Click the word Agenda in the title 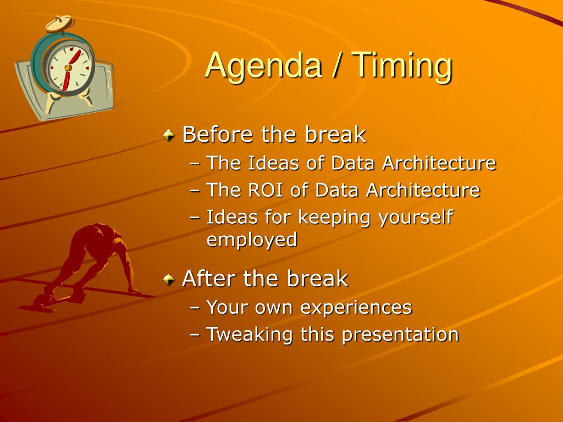(263, 66)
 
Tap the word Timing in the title (401, 66)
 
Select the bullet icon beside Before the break (168, 135)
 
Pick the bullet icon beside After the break (168, 279)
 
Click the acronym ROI (266, 190)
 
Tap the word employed (252, 240)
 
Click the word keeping (334, 218)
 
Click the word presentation (400, 335)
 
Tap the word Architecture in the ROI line (423, 190)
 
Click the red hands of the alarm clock (70, 70)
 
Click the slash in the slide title (336, 66)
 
